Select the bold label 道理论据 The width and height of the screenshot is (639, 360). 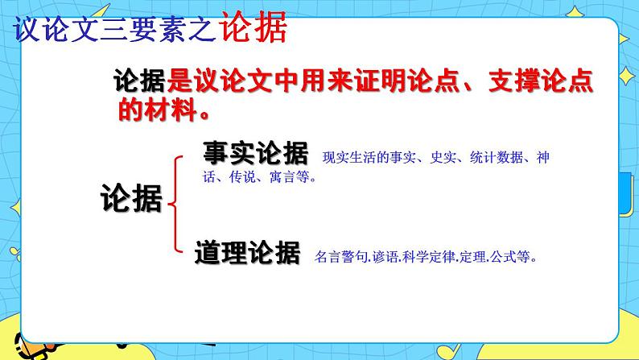point(247,252)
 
